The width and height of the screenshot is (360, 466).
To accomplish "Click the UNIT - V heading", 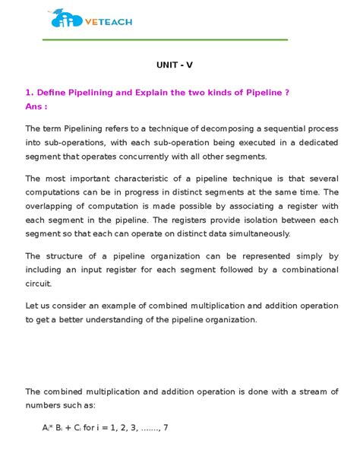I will pos(179,65).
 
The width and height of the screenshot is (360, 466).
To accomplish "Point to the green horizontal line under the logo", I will pos(168,39).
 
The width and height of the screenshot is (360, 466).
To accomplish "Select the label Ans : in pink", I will pos(36,106).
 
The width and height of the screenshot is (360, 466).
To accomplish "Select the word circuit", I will pos(38,284).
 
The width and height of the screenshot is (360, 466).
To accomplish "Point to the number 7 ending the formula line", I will pos(165,427).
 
